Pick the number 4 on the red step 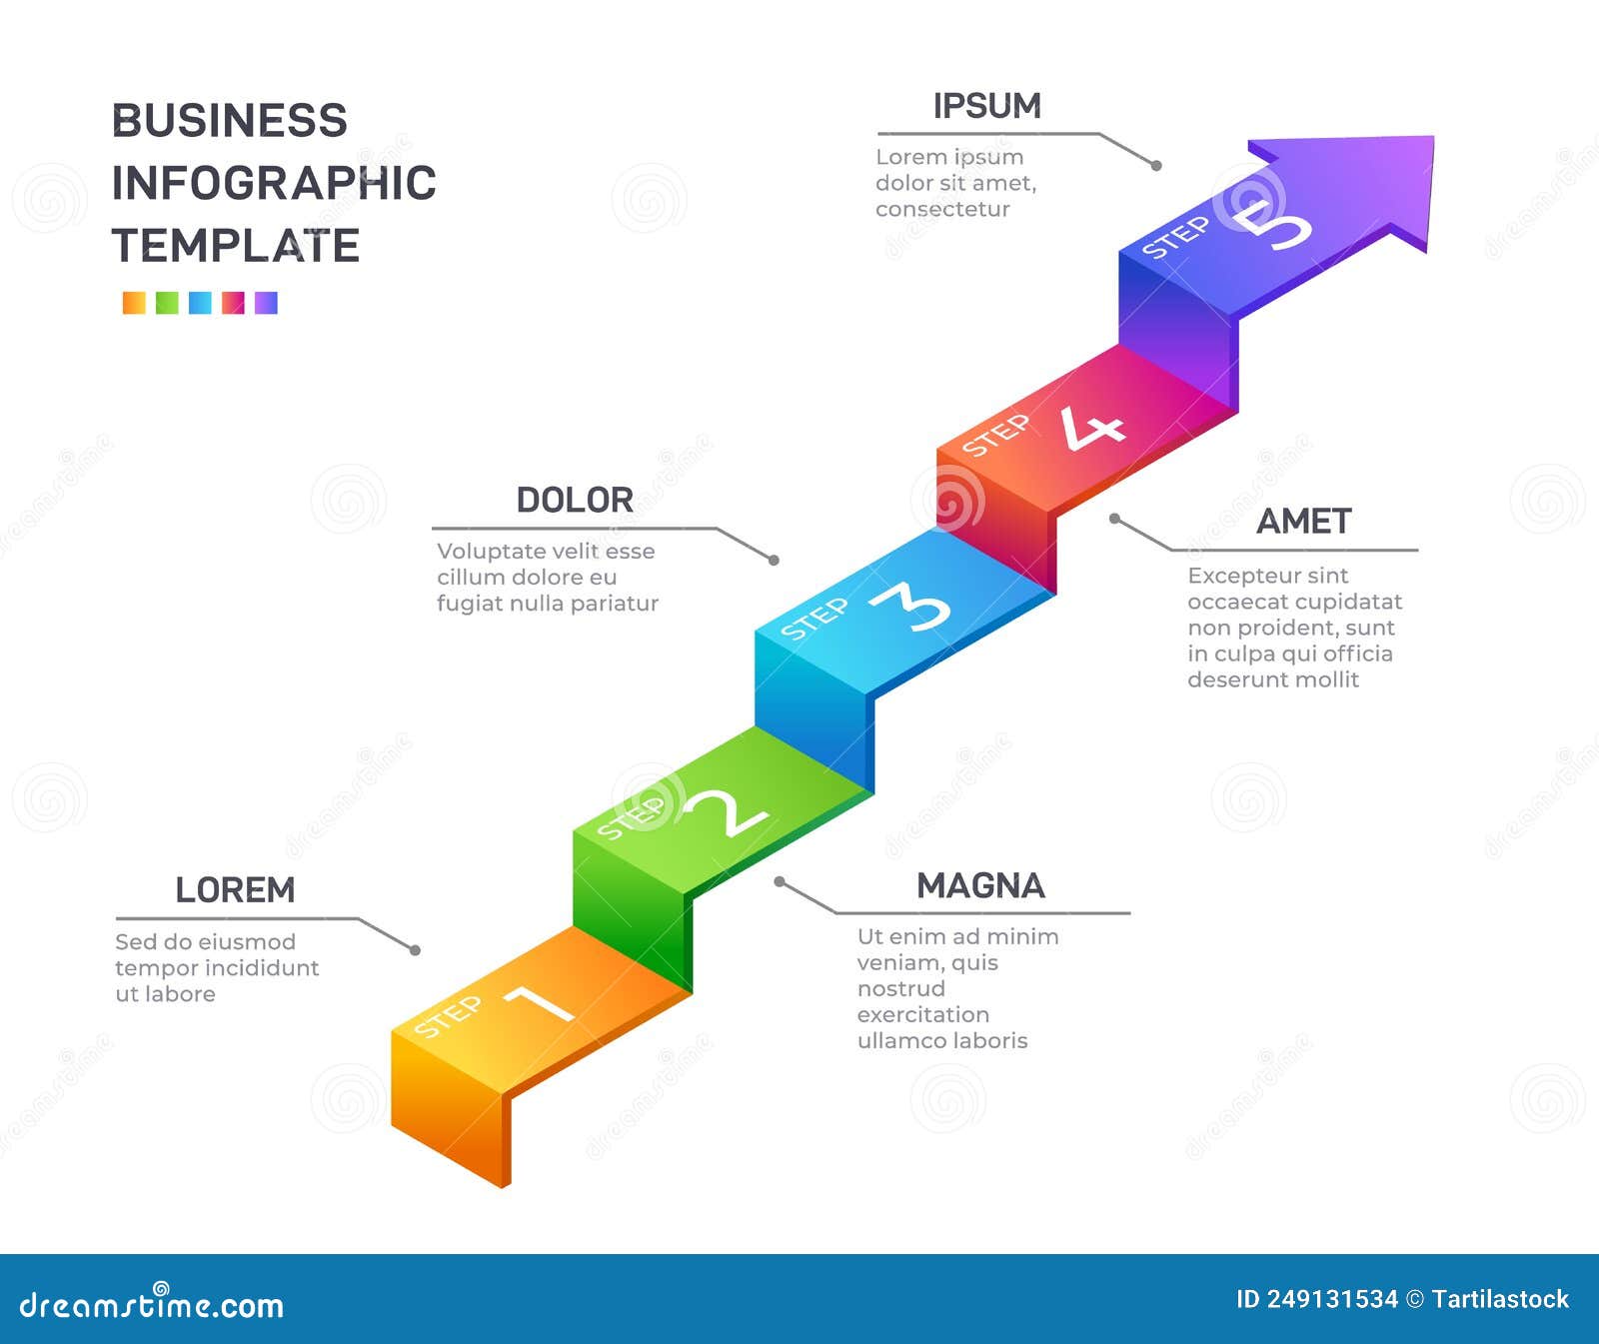(1092, 428)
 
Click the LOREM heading (235, 889)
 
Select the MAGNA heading (980, 885)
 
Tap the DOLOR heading (575, 500)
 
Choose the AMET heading (1303, 522)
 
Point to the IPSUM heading (986, 106)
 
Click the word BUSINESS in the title (229, 121)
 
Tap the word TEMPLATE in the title (235, 246)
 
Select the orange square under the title (134, 303)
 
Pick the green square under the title (167, 303)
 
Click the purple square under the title (266, 303)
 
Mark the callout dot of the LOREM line (415, 950)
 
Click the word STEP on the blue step (813, 619)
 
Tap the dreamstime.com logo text (152, 1304)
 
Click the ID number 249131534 (1331, 1299)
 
